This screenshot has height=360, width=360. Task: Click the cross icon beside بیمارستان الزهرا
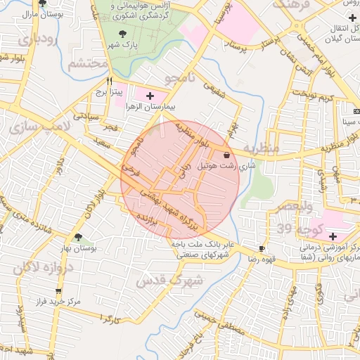click(150, 95)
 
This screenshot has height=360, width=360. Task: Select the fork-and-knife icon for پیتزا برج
click(109, 81)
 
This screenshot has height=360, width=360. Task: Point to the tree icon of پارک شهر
click(123, 33)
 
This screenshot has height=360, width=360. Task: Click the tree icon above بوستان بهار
click(78, 238)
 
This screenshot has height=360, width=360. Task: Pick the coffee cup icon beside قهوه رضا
click(262, 248)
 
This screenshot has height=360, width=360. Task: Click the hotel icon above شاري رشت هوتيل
click(226, 155)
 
